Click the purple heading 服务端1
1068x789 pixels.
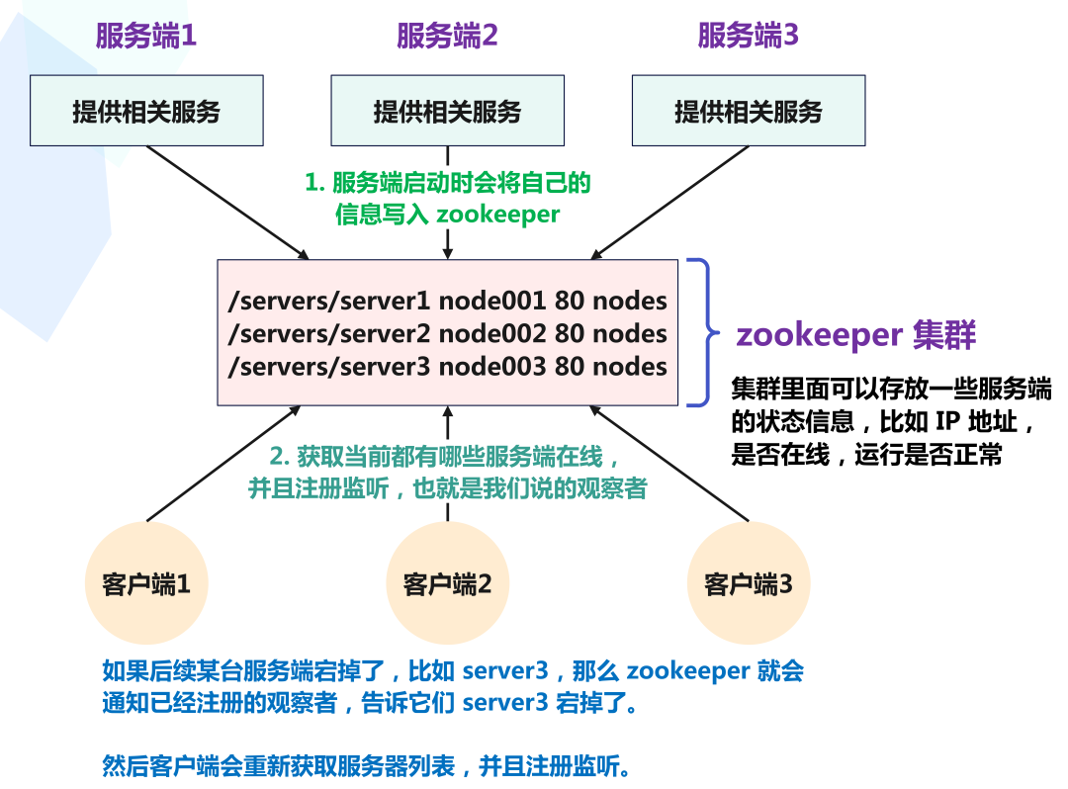[146, 37]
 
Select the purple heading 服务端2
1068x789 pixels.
[447, 37]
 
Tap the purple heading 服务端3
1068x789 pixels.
[748, 37]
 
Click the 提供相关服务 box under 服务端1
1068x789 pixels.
[146, 111]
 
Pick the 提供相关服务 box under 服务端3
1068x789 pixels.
[748, 111]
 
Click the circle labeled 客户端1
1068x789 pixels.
[146, 584]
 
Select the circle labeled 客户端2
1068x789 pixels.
[447, 584]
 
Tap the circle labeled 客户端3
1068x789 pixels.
[748, 584]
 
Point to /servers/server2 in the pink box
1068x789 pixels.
[330, 333]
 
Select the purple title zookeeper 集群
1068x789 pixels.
[855, 335]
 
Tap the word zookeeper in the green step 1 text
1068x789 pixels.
[498, 215]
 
